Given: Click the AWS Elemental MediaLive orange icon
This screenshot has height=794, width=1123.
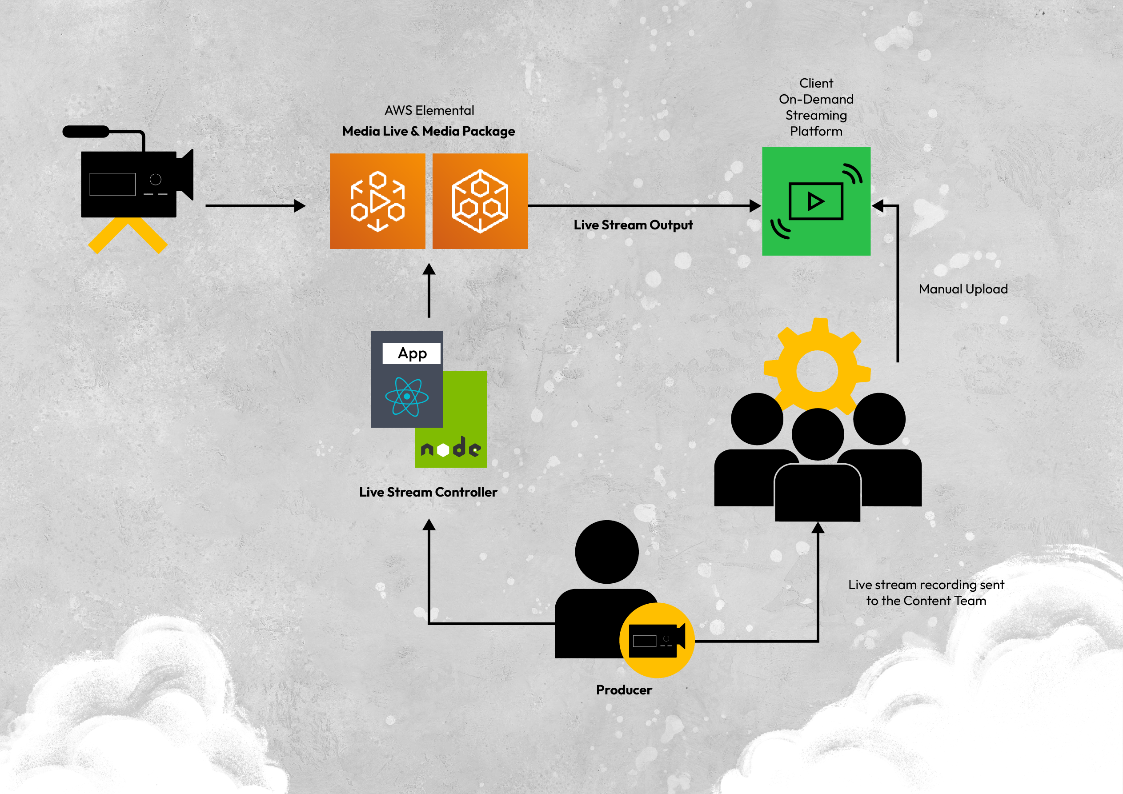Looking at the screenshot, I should (x=377, y=201).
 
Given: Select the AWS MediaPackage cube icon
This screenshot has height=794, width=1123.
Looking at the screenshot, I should (x=480, y=201).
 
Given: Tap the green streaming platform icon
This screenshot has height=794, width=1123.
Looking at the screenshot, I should (x=816, y=201).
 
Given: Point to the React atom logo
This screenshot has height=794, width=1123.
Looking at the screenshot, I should (x=406, y=397).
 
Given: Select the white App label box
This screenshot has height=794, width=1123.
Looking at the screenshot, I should (x=411, y=353).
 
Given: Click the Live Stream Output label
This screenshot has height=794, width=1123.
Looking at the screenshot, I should (x=633, y=225).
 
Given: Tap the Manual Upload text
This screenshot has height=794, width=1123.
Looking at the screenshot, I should (x=963, y=289).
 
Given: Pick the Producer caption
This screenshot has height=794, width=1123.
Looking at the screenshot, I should (x=624, y=690).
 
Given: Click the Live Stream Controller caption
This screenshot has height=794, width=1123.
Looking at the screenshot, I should (x=428, y=492).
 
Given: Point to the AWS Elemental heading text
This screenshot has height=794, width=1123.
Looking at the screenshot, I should (x=429, y=111).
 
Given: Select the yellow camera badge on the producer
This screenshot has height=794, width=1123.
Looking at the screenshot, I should (x=656, y=640).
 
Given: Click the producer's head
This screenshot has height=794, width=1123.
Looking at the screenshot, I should (x=606, y=551).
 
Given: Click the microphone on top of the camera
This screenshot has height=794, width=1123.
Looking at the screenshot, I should (x=86, y=132).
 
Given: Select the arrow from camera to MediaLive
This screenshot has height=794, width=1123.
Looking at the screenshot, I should (x=255, y=206).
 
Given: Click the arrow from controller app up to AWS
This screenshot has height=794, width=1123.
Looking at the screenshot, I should (x=429, y=291).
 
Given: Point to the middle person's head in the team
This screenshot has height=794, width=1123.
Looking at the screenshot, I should (x=817, y=434).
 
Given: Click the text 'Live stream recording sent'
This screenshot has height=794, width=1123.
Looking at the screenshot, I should (x=926, y=585).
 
